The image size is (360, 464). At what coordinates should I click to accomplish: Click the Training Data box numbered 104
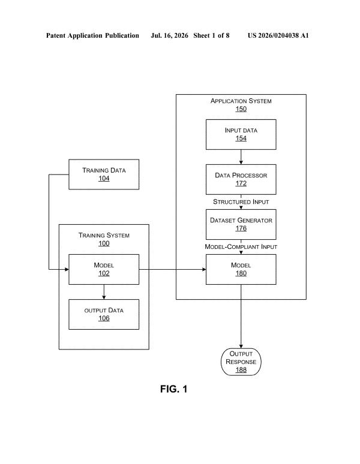coord(104,174)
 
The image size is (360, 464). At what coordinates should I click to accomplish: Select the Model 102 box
coord(104,269)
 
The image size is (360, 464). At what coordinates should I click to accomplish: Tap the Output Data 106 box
coord(104,314)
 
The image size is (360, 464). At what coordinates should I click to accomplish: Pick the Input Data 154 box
coord(241,134)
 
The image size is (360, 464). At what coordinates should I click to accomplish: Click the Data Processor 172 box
coord(241,179)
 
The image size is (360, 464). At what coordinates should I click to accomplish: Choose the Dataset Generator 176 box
coord(241,224)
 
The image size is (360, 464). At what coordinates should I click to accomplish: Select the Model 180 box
coord(241,269)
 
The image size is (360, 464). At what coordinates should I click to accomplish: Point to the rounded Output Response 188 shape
coord(241,362)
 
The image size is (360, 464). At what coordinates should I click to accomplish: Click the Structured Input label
coord(241,202)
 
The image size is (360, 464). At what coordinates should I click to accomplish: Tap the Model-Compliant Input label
coord(241,247)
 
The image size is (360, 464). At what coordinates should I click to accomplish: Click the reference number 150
coord(241,109)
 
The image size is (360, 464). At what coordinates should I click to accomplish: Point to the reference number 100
coord(104,243)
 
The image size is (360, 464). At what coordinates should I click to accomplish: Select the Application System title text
coord(241,101)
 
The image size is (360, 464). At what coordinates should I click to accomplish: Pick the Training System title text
coord(104,235)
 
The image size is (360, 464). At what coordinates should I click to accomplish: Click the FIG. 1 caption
coord(174,389)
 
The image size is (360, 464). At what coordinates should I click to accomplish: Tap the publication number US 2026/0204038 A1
coord(278,35)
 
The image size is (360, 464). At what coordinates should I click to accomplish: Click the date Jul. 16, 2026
coord(169,35)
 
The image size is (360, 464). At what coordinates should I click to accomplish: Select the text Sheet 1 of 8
coord(211,35)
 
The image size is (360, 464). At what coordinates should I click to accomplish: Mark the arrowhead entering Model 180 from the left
coord(203,269)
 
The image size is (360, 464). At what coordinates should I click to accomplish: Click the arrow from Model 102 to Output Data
coord(104,292)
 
